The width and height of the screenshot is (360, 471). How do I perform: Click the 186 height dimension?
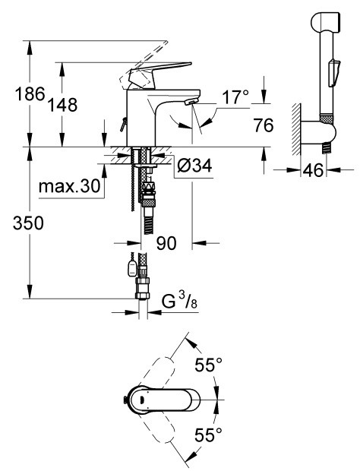(30, 93)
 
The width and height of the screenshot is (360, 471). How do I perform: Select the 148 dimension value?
(63, 105)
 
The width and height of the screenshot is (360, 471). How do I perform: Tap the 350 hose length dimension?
(28, 223)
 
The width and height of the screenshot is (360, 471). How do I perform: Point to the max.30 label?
(69, 187)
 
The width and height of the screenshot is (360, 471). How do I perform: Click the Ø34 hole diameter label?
(194, 165)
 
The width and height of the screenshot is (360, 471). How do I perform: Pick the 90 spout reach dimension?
(166, 242)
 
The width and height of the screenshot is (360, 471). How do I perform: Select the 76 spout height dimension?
(264, 125)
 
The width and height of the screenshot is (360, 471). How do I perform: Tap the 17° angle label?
(235, 97)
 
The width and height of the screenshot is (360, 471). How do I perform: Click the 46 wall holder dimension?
(313, 170)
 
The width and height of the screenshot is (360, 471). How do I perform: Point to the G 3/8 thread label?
(179, 302)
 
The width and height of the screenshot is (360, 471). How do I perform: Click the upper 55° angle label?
(208, 365)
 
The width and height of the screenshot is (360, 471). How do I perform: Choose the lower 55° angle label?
(208, 435)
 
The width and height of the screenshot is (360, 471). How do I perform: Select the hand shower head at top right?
(325, 22)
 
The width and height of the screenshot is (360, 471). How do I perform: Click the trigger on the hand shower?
(334, 73)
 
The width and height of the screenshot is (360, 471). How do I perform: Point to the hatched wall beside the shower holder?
(296, 129)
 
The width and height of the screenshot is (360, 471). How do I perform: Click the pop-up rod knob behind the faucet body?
(122, 124)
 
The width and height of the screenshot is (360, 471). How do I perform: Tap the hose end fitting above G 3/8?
(142, 289)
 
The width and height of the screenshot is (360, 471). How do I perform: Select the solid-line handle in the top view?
(162, 400)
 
